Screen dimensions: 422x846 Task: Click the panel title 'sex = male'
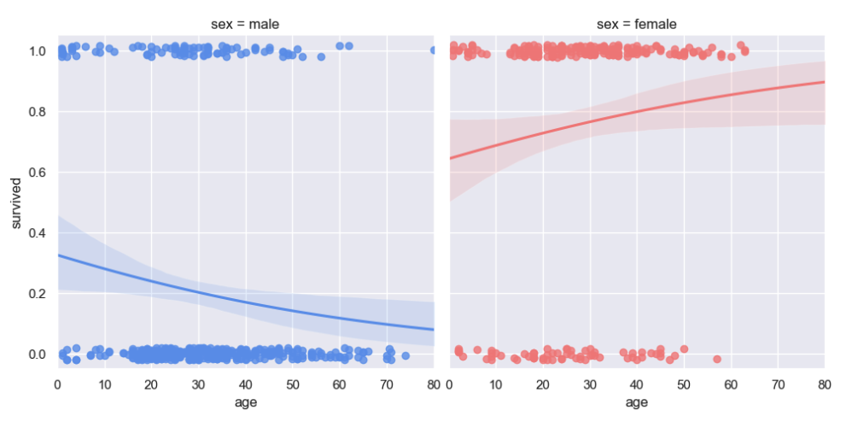tap(245, 24)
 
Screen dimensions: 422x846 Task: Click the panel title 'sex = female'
tap(637, 24)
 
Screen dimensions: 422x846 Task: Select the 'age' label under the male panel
tap(245, 402)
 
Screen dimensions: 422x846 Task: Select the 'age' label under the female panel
tap(637, 402)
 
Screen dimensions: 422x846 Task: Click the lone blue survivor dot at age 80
tap(432, 50)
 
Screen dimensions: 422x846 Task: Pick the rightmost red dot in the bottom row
tap(717, 359)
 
